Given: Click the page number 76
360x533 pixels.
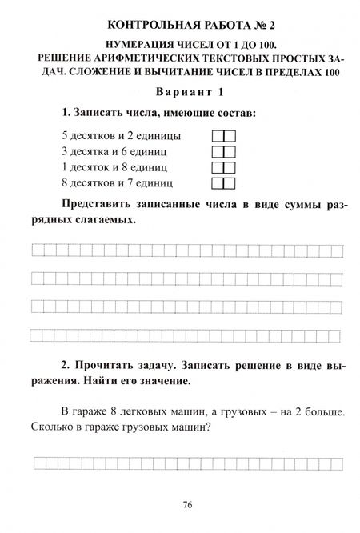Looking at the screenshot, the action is pyautogui.click(x=187, y=504).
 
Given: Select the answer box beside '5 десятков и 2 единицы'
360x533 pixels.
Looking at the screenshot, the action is pyautogui.click(x=223, y=135).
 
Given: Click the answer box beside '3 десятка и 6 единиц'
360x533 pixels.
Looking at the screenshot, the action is pyautogui.click(x=223, y=151).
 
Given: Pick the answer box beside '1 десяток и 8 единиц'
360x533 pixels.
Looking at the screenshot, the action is pyautogui.click(x=223, y=167).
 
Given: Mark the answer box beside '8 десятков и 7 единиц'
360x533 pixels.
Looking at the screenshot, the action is pyautogui.click(x=223, y=183).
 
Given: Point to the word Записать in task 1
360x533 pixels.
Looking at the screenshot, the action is pyautogui.click(x=100, y=113).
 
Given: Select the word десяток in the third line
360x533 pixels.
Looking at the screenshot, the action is pyautogui.click(x=90, y=167).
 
